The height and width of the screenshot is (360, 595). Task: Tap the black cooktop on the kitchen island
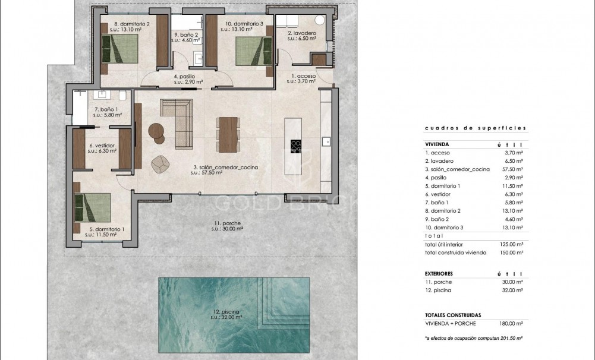(295, 146)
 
